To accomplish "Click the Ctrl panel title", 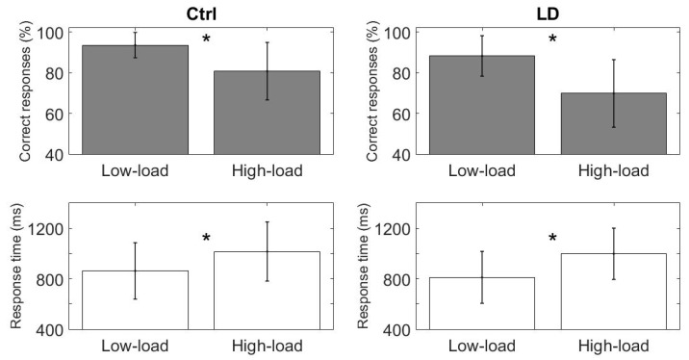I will tap(201, 12).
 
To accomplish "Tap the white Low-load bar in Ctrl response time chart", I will tap(135, 299).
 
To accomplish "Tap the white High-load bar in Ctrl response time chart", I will tap(268, 290).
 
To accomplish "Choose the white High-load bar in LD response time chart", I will tap(613, 291).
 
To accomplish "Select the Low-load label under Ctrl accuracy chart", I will tap(135, 171).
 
